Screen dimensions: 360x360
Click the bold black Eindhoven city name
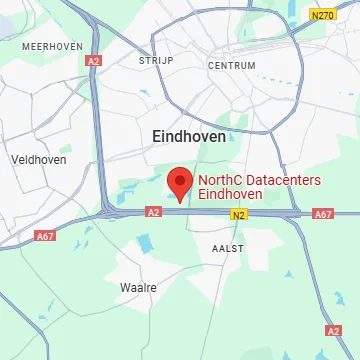(x=188, y=135)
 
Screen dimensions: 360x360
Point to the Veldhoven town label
(x=36, y=159)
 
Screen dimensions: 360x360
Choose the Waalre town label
(x=138, y=287)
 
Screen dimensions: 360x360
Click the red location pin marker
(x=179, y=183)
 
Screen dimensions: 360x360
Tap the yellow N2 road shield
(x=237, y=214)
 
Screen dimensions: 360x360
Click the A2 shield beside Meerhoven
(x=94, y=61)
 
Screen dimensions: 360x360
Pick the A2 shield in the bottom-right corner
(x=334, y=330)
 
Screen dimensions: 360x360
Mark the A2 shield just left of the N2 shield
(x=153, y=212)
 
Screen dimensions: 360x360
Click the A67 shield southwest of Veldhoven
(x=45, y=236)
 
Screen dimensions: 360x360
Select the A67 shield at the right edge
(x=323, y=214)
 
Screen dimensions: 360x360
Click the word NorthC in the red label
(x=221, y=181)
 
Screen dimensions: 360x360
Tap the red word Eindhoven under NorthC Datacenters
(x=230, y=195)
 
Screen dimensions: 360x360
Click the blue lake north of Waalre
(x=147, y=243)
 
